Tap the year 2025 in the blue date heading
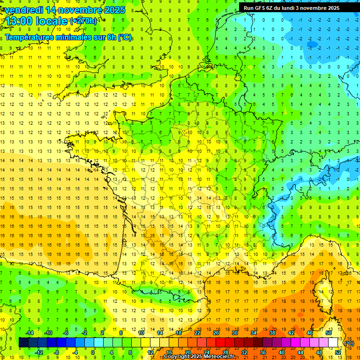click(x=113, y=10)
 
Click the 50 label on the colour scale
click(x=329, y=333)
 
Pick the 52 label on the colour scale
click(x=338, y=352)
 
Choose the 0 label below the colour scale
click(x=92, y=352)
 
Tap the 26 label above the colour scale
click(x=216, y=333)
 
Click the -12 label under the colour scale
click(x=39, y=352)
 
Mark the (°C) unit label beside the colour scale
click(x=349, y=343)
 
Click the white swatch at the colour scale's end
click(x=333, y=343)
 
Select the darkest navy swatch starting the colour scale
click(x=23, y=343)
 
